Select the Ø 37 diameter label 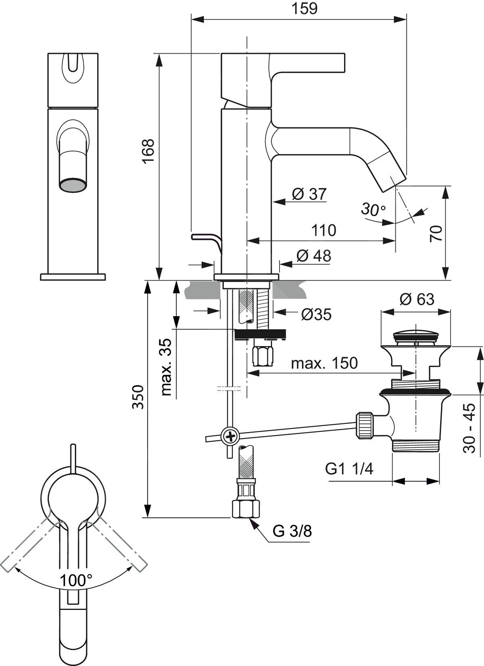tap(309, 194)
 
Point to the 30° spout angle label tap(373, 209)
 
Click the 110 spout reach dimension tap(323, 230)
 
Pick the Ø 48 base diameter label tap(314, 256)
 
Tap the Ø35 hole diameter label tap(316, 314)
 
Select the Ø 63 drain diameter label tap(417, 299)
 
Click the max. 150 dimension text tap(324, 363)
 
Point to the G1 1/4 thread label tap(350, 469)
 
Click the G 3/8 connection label tap(292, 531)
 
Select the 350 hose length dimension tap(138, 397)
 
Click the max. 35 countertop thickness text tap(166, 367)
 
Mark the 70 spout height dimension tap(436, 234)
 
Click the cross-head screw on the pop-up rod tap(231, 436)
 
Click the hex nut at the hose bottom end tap(245, 509)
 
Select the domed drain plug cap tap(415, 334)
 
